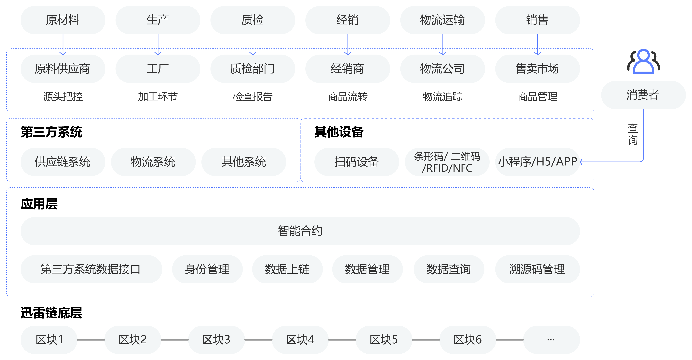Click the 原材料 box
pyautogui.click(x=63, y=20)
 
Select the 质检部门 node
pyautogui.click(x=252, y=69)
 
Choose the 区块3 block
pyautogui.click(x=216, y=340)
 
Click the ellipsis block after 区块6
pyautogui.click(x=551, y=340)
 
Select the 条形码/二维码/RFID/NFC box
pyautogui.click(x=447, y=162)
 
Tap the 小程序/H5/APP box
pyautogui.click(x=537, y=162)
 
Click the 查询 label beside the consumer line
pyautogui.click(x=633, y=134)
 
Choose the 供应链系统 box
pyautogui.click(x=63, y=162)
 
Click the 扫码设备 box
pyautogui.click(x=357, y=162)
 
